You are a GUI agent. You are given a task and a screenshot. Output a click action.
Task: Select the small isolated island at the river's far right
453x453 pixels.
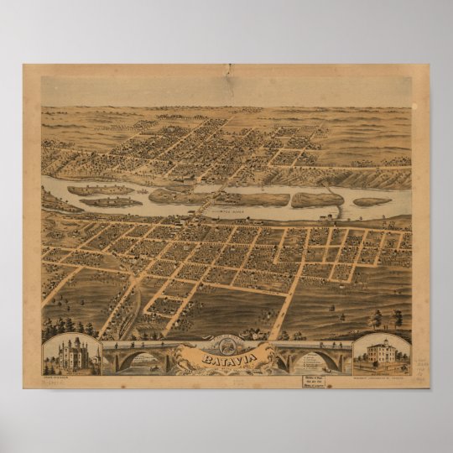tap(372, 200)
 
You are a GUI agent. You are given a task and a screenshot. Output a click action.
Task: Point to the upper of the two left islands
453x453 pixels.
tap(102, 190)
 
